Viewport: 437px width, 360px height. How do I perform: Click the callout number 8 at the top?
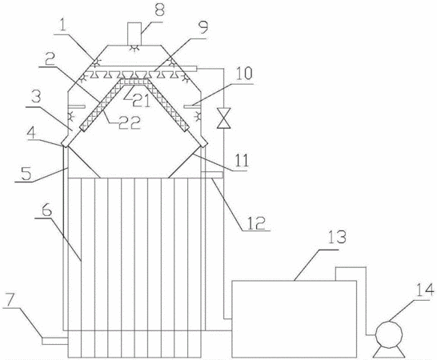pyautogui.click(x=158, y=10)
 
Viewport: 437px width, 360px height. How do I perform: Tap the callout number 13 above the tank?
pyautogui.click(x=337, y=238)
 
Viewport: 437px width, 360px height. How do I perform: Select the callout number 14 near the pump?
pyautogui.click(x=425, y=290)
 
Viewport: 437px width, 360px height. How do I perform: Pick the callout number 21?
pyautogui.click(x=142, y=101)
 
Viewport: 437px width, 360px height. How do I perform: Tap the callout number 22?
pyautogui.click(x=130, y=122)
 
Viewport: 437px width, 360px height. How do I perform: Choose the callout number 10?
pyautogui.click(x=243, y=73)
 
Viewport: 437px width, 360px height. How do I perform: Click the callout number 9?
pyautogui.click(x=204, y=27)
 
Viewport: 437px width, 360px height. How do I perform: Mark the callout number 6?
pyautogui.click(x=46, y=210)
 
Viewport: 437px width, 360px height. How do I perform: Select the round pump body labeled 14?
pyautogui.click(x=389, y=334)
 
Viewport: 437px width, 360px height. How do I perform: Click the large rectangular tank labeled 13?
pyautogui.click(x=294, y=318)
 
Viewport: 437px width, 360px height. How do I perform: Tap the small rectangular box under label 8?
pyautogui.click(x=134, y=34)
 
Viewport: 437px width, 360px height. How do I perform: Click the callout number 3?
pyautogui.click(x=37, y=97)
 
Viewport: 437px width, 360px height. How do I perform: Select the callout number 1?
pyautogui.click(x=63, y=26)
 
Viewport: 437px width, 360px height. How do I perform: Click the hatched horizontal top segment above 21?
pyautogui.click(x=134, y=82)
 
